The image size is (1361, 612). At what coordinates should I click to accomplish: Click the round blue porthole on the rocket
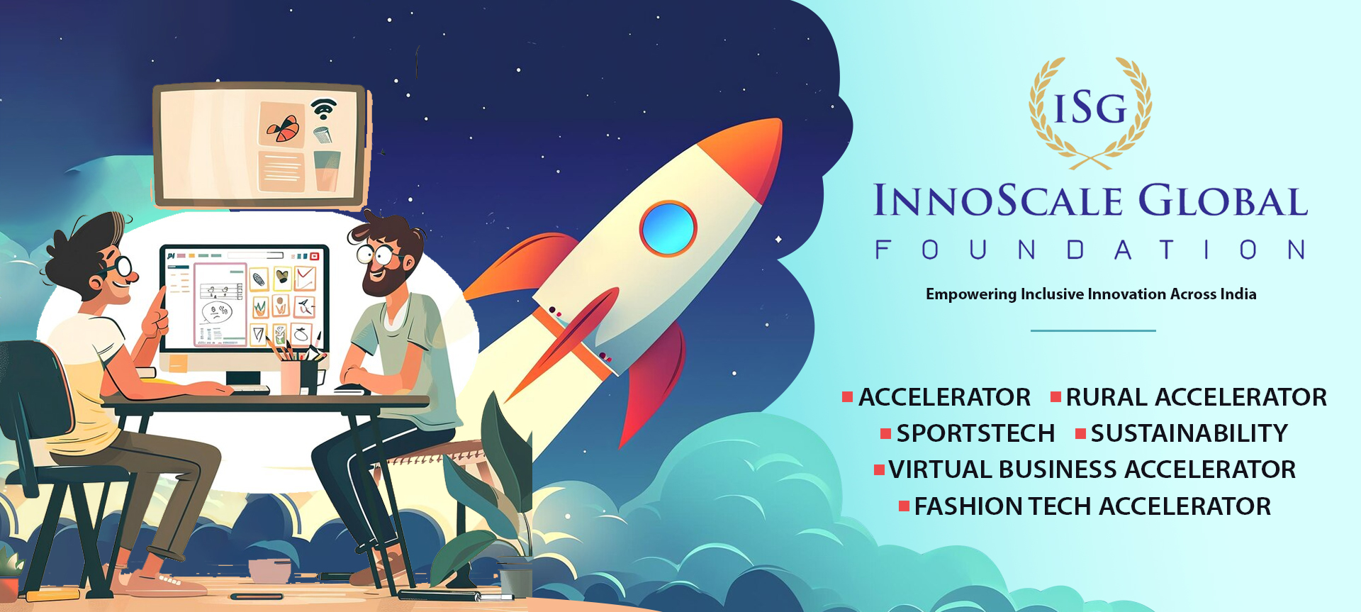coord(668,228)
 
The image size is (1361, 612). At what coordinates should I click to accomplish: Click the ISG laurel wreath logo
coord(1090,112)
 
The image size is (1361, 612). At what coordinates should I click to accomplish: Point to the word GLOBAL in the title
coord(1223,201)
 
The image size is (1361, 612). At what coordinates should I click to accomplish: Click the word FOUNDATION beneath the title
coord(1090,250)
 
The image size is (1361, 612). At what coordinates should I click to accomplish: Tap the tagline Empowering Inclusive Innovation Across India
coord(1091,294)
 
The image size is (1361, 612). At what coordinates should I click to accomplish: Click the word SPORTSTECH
coord(975,433)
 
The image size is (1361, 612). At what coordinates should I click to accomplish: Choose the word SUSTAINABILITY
coord(1189,433)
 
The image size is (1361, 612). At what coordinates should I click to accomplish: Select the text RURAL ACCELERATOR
coord(1197,397)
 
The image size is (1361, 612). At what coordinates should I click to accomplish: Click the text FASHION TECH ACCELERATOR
coord(1092,506)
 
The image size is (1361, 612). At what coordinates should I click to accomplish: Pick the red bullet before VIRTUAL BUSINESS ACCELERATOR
coord(879,469)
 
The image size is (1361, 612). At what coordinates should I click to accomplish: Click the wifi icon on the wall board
coord(323,109)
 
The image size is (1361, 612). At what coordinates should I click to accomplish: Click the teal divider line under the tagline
coord(1093,330)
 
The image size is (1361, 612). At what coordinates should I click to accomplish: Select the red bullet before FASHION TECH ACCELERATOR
coord(904,506)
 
